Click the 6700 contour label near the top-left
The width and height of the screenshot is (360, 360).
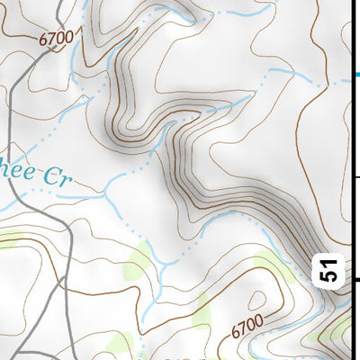click(55, 39)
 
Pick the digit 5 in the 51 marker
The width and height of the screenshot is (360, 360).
click(330, 277)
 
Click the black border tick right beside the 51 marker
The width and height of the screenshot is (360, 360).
click(354, 280)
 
